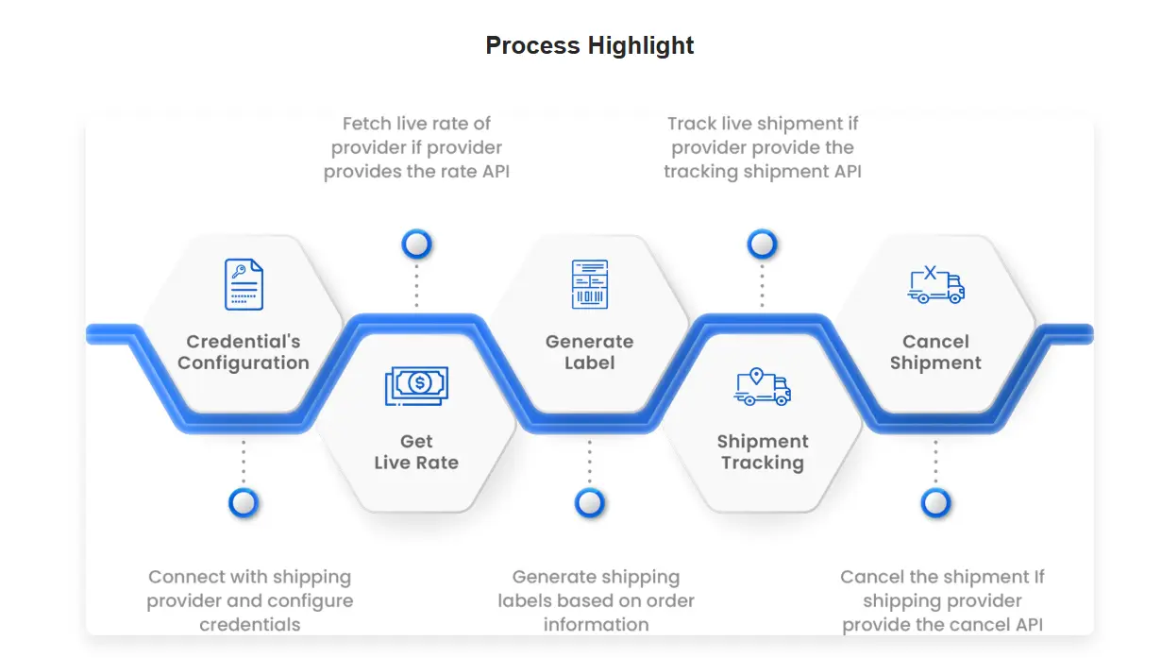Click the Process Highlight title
click(x=589, y=46)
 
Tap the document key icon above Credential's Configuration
click(x=244, y=284)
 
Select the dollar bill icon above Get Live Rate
click(x=416, y=386)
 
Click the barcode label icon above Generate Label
click(x=590, y=284)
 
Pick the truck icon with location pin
click(x=762, y=387)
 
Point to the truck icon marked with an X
click(x=935, y=284)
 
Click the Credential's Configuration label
click(x=244, y=352)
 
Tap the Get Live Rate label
click(x=416, y=451)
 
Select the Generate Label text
click(x=590, y=352)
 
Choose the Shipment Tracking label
click(x=763, y=451)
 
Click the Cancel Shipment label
click(x=935, y=352)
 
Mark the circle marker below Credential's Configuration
click(x=244, y=502)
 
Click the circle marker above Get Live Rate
click(x=416, y=244)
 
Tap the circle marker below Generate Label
click(x=590, y=502)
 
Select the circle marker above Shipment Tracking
click(x=762, y=244)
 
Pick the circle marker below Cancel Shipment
click(x=935, y=502)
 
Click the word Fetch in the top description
click(x=366, y=124)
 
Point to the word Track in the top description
click(x=692, y=124)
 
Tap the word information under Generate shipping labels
click(x=596, y=625)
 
